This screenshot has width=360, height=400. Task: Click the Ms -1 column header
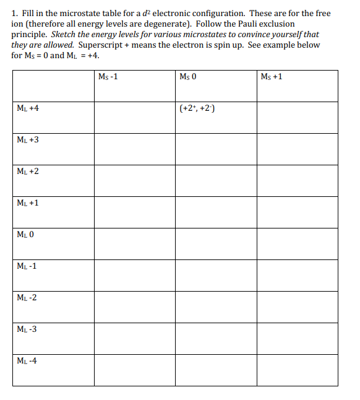point(108,77)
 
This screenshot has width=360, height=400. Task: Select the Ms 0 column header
point(187,77)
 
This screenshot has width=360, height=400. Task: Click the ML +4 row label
point(28,108)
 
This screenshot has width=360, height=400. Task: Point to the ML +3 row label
point(28,140)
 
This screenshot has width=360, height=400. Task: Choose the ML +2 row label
point(28,172)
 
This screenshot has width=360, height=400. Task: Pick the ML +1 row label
point(28,203)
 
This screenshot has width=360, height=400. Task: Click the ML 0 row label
point(26,235)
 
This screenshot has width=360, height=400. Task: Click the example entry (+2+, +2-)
point(197,109)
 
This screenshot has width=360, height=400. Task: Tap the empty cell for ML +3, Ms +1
point(298,149)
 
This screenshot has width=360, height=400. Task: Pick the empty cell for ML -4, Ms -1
point(134,370)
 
